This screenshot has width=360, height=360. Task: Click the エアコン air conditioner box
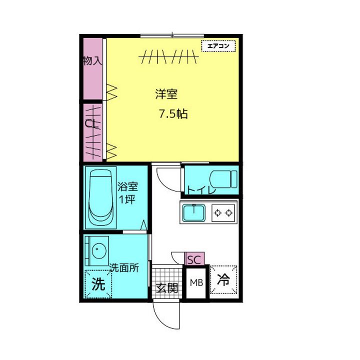click(218, 46)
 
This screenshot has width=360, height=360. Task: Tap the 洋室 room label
click(166, 94)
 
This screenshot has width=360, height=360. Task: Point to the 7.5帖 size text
click(173, 113)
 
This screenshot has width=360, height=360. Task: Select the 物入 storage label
click(92, 61)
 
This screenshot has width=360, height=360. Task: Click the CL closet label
click(91, 124)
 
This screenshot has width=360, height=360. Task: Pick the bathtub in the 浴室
click(101, 197)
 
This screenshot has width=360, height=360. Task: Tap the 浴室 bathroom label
click(128, 186)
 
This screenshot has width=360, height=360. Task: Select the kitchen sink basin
click(194, 213)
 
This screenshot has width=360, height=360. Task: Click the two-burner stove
click(223, 213)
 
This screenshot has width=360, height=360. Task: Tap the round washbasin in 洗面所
click(99, 250)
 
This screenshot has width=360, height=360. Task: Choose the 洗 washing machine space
click(98, 284)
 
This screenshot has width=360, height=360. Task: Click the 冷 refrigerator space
click(223, 279)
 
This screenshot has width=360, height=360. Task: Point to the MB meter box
click(196, 283)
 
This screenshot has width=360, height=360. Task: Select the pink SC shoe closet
click(194, 259)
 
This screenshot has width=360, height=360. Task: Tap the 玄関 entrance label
click(167, 288)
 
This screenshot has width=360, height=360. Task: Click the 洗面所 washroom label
click(124, 267)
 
